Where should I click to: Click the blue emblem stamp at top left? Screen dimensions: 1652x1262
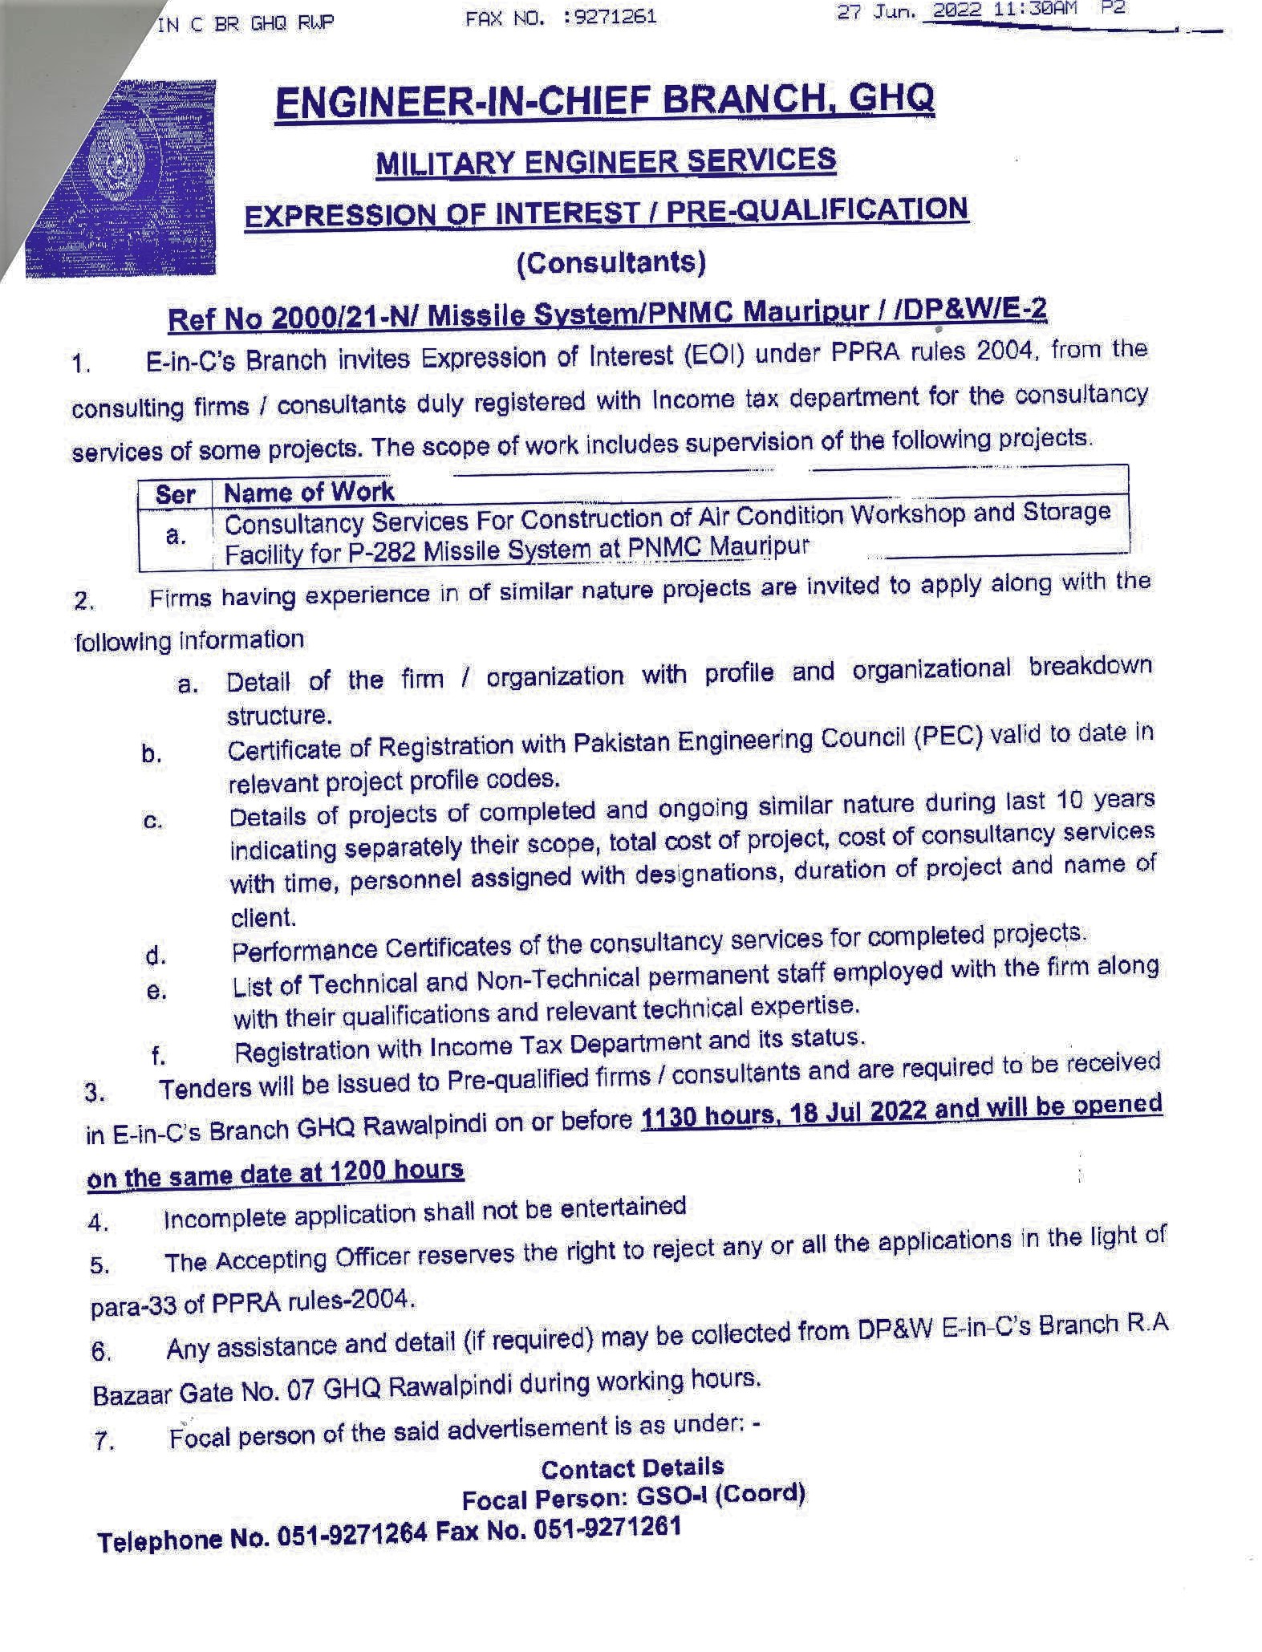click(x=120, y=178)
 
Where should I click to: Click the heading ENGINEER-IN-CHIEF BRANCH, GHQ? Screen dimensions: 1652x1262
click(x=604, y=102)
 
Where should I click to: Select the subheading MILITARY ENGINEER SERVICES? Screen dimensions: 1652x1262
click(x=606, y=160)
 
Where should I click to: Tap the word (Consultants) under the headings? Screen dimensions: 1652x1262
click(x=611, y=262)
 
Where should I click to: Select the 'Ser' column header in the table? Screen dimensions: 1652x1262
click(x=175, y=494)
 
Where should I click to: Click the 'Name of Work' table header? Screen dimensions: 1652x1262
click(x=309, y=492)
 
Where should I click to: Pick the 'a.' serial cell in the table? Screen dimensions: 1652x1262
click(x=175, y=535)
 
